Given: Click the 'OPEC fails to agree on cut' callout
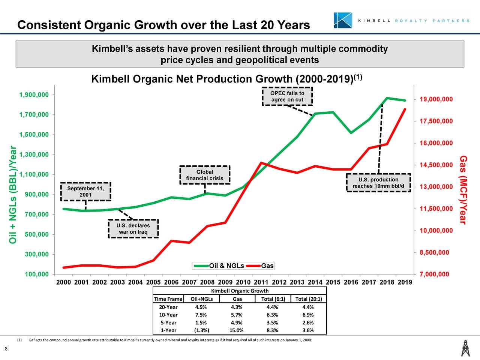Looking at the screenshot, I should click(287, 97).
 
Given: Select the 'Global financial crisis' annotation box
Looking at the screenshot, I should click(205, 175).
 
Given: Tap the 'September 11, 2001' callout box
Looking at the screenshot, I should click(85, 192).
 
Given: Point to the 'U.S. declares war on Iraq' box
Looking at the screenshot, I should click(133, 229).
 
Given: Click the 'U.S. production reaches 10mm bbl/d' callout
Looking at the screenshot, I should click(378, 183).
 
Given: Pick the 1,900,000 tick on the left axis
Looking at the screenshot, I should click(34, 94).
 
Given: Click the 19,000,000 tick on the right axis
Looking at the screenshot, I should click(436, 99).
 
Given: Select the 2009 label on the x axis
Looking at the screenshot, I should click(225, 282).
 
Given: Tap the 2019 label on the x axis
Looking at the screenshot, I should click(405, 282).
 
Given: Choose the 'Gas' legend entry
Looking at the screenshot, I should click(267, 266).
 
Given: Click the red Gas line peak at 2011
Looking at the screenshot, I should click(261, 163).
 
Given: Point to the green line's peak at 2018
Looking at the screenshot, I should click(387, 98).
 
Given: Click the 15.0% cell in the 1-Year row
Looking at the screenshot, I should click(237, 330).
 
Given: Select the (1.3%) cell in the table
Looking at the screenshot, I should click(202, 330).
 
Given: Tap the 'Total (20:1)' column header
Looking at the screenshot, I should click(308, 299).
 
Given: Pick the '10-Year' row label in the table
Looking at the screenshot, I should click(168, 315).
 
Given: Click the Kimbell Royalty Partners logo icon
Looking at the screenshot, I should click(343, 20).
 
